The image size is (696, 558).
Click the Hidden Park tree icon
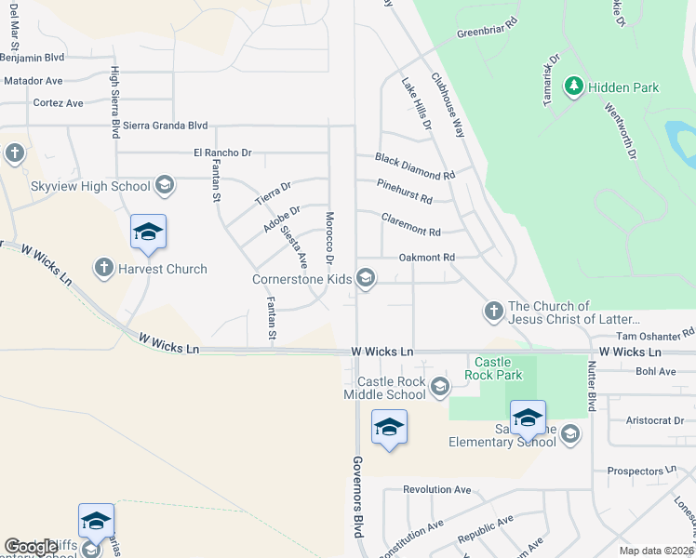[x=574, y=87]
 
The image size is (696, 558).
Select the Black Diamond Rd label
[x=415, y=167]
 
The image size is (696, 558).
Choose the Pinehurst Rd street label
[x=405, y=193]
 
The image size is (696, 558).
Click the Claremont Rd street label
[x=410, y=224]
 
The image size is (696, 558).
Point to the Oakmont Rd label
[x=426, y=257]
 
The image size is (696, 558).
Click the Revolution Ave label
[x=437, y=489]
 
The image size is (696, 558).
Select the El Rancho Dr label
[x=222, y=152]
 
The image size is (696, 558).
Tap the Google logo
[x=31, y=546]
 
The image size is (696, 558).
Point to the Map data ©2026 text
[x=657, y=551]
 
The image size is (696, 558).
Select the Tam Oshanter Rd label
[x=655, y=333]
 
